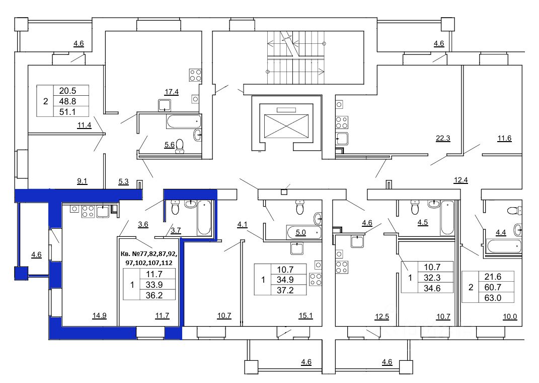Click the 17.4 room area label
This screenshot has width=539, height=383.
tap(171, 92)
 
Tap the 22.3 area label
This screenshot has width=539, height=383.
tap(443, 139)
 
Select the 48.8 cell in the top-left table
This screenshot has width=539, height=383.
tap(67, 101)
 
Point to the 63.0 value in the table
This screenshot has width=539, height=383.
tap(493, 298)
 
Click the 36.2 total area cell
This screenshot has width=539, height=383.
tap(154, 295)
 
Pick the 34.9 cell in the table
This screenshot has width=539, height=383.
tap(285, 280)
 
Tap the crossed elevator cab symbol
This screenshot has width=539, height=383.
tap(286, 126)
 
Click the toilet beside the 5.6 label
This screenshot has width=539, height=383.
tap(180, 146)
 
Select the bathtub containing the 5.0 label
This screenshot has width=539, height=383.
tap(303, 233)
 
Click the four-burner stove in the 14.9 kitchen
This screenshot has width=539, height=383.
tap(88, 211)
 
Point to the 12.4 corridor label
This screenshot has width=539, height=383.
tap(460, 180)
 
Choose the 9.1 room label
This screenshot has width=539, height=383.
tap(82, 181)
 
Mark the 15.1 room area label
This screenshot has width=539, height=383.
tap(305, 315)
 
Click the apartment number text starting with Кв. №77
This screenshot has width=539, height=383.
tap(149, 258)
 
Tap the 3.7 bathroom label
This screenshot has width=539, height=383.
tap(176, 231)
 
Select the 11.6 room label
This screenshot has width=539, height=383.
tap(504, 139)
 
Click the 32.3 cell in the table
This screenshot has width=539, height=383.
tap(432, 277)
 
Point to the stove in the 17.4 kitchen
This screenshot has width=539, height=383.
tap(195, 76)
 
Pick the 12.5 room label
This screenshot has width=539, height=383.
tap(382, 316)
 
